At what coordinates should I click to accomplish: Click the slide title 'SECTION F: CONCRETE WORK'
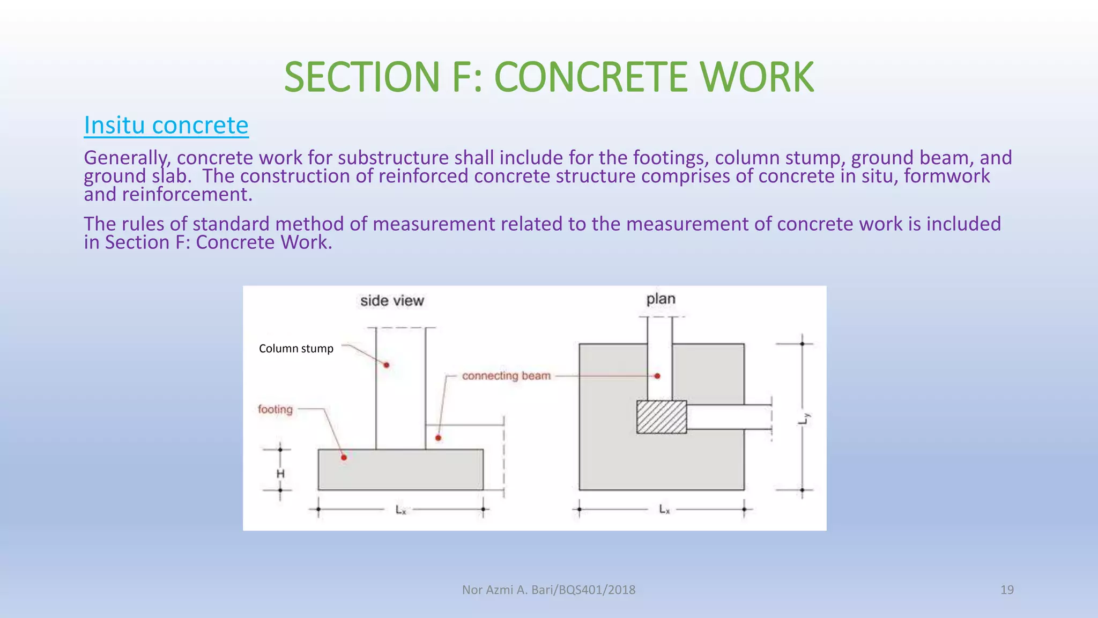coord(548,77)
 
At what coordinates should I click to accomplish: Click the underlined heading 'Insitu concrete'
coord(166,126)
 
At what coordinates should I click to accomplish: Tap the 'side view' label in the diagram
coord(392,300)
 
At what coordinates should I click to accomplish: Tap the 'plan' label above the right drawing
coord(661,299)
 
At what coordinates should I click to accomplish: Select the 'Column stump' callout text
coord(296,349)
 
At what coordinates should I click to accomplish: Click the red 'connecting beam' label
coord(506,376)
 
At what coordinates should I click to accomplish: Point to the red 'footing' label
coord(275,409)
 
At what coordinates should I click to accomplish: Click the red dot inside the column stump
coord(386,365)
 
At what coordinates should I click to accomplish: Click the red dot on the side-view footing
coord(344,458)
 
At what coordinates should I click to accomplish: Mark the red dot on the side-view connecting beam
coord(438,438)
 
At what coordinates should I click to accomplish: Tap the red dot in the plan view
coord(657,376)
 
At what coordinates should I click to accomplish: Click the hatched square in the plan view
coord(662,417)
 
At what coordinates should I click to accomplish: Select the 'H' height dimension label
coord(280,474)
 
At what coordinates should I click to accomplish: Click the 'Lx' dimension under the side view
coord(400,510)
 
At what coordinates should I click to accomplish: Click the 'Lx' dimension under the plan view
coord(664,509)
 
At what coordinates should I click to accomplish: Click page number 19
coord(1007,590)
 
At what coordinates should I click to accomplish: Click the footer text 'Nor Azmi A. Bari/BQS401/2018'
coord(548,590)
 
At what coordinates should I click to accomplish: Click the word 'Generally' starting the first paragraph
coord(125,158)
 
